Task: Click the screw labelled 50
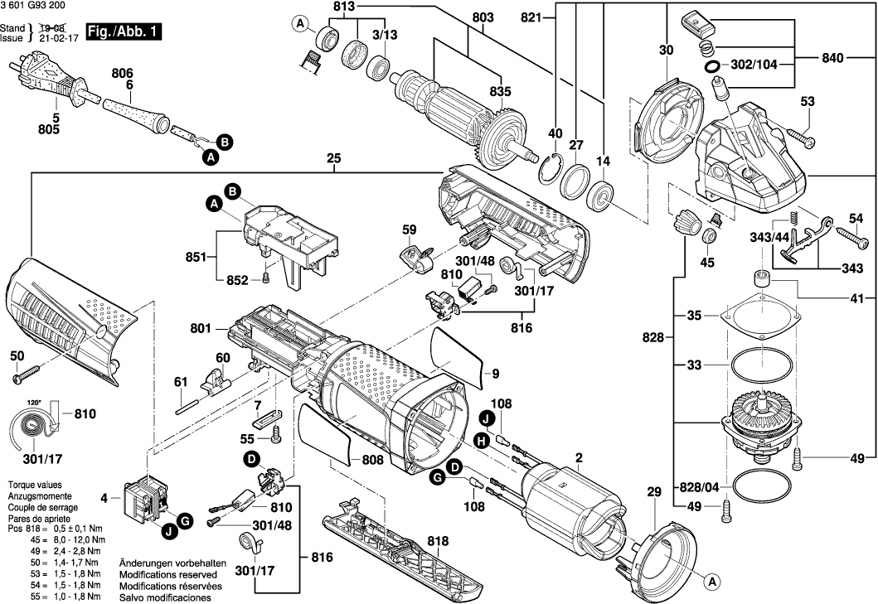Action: (x=23, y=377)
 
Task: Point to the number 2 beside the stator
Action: (x=579, y=457)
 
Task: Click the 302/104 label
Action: (x=755, y=65)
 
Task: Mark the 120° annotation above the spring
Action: (x=34, y=401)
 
